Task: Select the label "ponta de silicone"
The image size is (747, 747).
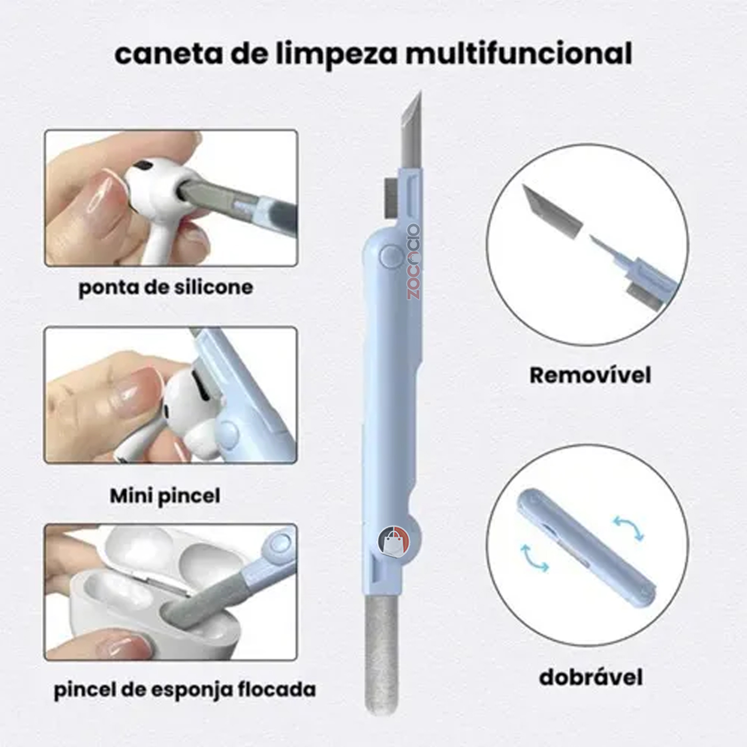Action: (x=165, y=288)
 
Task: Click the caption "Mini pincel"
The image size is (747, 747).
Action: (x=165, y=496)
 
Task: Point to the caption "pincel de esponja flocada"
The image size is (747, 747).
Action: (x=185, y=690)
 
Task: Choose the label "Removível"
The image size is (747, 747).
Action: (x=590, y=375)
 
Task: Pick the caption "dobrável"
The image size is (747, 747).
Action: (x=591, y=678)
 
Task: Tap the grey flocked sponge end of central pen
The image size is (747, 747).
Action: (x=381, y=651)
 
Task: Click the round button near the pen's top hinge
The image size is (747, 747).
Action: (x=392, y=257)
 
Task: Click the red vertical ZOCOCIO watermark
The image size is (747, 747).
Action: (x=414, y=261)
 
